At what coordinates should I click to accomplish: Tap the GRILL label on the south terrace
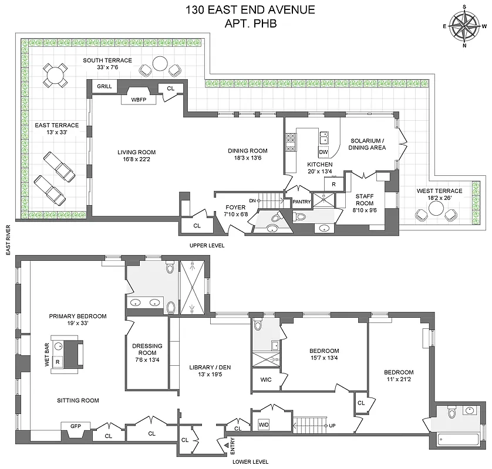click(105, 87)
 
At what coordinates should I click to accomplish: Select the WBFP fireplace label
click(137, 99)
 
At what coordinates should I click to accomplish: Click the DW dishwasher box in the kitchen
click(323, 152)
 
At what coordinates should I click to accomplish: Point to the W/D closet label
click(264, 423)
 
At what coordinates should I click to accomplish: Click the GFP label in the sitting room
click(75, 426)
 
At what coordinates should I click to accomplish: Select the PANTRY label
click(301, 202)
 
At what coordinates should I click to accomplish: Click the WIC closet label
click(265, 379)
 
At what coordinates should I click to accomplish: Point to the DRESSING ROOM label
click(147, 349)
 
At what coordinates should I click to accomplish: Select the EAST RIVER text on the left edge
click(8, 240)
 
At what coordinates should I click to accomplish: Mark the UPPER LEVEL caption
click(207, 245)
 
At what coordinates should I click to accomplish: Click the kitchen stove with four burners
click(291, 141)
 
